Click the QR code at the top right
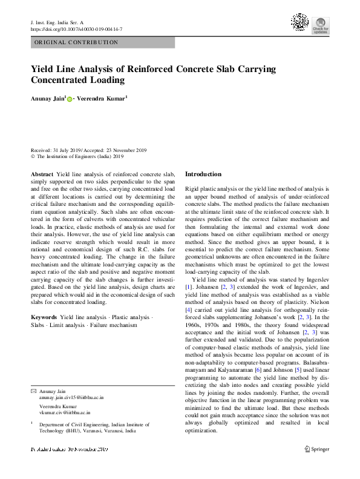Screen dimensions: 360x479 299,22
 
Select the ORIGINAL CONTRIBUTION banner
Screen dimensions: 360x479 76,42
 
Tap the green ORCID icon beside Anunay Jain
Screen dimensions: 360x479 70,99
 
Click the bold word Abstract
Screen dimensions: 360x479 42,174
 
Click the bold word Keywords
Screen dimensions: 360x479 44,317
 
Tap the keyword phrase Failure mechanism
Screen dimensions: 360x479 113,325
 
